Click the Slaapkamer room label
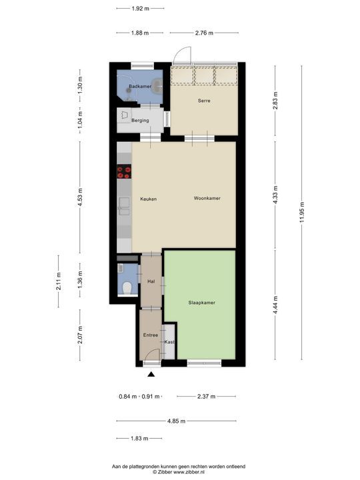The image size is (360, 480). pyautogui.click(x=201, y=302)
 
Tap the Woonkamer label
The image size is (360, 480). pyautogui.click(x=207, y=199)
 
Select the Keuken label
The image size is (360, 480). pyautogui.click(x=148, y=199)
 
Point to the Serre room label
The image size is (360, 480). pyautogui.click(x=204, y=101)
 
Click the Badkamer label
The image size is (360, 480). pyautogui.click(x=140, y=87)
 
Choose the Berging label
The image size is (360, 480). pyautogui.click(x=140, y=121)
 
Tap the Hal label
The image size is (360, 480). pyautogui.click(x=151, y=282)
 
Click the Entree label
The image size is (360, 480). pyautogui.click(x=151, y=335)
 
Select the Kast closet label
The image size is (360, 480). pyautogui.click(x=169, y=342)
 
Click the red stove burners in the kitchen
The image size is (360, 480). pyautogui.click(x=124, y=173)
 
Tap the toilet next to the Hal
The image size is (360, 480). pyautogui.click(x=128, y=288)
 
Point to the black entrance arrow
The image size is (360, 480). pyautogui.click(x=151, y=375)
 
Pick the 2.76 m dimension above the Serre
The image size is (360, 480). pyautogui.click(x=204, y=32)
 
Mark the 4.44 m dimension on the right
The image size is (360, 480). pyautogui.click(x=274, y=308)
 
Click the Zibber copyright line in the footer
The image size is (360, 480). pyautogui.click(x=179, y=471)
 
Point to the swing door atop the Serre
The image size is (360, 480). pyautogui.click(x=181, y=57)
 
